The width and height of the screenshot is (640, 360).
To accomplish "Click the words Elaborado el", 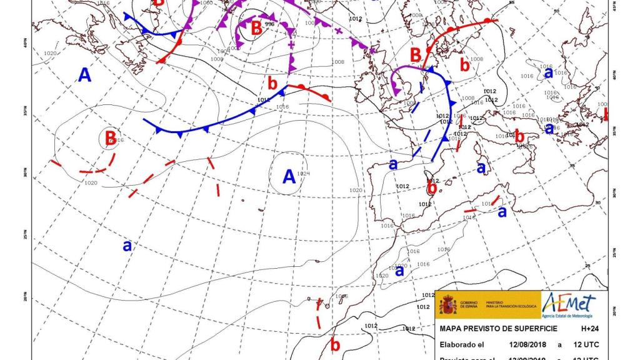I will coord(462,344).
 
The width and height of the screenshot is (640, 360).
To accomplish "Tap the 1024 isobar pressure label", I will coord(304,173).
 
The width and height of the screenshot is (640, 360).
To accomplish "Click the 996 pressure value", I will coord(270,24).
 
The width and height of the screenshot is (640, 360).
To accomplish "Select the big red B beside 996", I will coord(256,28).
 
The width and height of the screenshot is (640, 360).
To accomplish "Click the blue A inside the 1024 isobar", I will coord(288,177).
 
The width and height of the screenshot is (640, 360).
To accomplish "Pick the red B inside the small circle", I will coord(110,137).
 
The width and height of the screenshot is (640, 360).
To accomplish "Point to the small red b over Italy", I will coord(519,136).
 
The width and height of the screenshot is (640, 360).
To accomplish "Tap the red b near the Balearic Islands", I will coord(432,187).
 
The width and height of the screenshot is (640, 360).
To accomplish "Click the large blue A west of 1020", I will coord(84,75).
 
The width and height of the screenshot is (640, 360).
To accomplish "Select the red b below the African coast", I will coord(335,344).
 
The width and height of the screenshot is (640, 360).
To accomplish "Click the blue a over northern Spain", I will coord(393,164).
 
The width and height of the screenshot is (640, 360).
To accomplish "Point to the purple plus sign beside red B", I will coord(291,44).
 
